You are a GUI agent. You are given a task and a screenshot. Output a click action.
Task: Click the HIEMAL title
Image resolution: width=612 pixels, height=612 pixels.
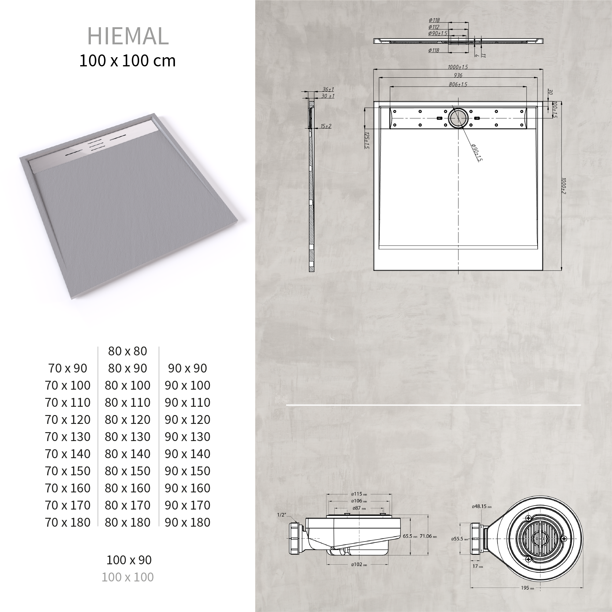pos(128,36)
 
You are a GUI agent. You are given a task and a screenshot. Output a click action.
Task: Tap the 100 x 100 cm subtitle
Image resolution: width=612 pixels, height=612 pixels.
pos(127,61)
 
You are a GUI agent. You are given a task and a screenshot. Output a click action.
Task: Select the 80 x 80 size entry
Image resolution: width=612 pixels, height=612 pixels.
pos(128,351)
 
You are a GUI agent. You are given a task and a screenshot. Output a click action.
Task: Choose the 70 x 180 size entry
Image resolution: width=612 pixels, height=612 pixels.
pos(68,522)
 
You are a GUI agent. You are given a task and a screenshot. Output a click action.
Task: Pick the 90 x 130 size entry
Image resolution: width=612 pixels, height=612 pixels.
pos(187,437)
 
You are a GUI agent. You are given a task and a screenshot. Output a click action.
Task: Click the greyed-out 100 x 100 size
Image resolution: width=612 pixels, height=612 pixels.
pos(128,577)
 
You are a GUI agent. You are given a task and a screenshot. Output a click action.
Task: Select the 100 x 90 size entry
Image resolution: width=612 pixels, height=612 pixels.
pos(129,560)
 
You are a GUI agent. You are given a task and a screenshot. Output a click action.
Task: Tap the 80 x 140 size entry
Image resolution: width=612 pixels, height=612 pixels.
pos(128,454)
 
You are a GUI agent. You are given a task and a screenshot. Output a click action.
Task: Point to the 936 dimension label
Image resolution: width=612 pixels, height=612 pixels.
pos(458,75)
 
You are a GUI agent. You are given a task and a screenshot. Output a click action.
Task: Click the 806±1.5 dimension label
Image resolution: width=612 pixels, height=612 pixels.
pos(458,84)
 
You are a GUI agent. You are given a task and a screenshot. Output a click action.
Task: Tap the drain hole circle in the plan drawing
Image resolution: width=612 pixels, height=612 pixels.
pos(458,118)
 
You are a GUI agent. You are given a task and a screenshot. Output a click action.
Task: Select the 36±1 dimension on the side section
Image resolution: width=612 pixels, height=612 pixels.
pos(328,90)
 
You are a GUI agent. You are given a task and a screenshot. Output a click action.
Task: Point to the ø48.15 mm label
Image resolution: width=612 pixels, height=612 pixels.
pos(481,506)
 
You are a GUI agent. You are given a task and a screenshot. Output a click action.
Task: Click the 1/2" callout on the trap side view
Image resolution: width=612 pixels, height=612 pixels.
pos(281,515)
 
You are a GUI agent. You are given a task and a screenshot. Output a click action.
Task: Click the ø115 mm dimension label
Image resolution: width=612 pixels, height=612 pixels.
pos(358,494)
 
